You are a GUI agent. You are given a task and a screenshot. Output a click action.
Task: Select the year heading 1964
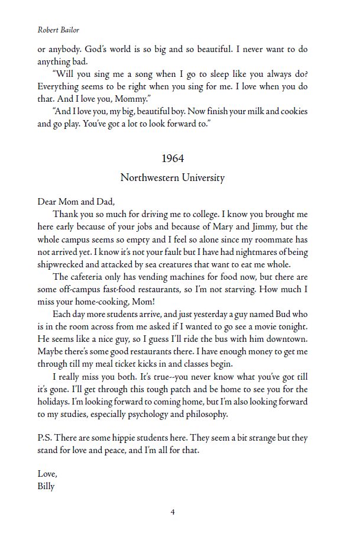173,159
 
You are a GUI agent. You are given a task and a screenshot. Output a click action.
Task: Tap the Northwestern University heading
172,177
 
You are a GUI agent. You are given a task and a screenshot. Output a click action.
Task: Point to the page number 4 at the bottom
173,512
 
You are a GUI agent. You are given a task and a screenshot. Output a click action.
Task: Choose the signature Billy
46,486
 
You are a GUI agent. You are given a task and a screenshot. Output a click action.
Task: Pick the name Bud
284,315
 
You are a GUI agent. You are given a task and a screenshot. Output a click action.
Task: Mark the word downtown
287,339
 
